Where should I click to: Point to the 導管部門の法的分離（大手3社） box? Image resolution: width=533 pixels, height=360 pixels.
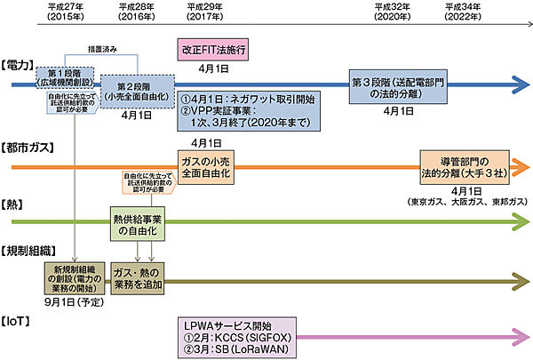click(x=466, y=164)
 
